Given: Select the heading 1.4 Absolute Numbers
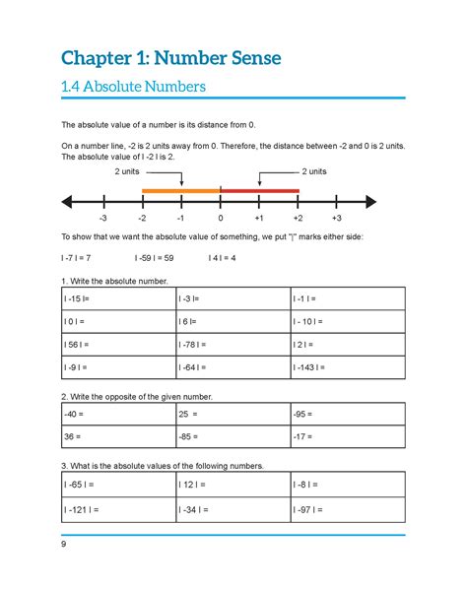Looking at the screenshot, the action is tap(133, 87).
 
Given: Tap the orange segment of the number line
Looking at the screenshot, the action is tap(181, 190).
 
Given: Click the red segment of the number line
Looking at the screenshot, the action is tap(259, 190).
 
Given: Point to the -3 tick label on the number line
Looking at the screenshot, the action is tap(103, 218).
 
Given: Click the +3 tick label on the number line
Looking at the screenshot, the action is tap(336, 218).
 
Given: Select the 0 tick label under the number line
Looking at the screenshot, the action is tap(220, 218).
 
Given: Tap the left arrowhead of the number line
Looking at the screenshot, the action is tap(67, 202).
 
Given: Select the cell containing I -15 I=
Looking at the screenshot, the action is tap(117, 298).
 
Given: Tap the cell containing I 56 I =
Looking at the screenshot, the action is tap(117, 345).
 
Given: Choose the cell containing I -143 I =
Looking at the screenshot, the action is tap(348, 368).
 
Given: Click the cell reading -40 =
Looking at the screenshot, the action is tap(117, 415).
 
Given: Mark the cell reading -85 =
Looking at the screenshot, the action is tap(233, 437).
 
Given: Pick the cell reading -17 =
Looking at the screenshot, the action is tap(348, 437).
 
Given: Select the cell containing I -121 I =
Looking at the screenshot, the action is tap(117, 509).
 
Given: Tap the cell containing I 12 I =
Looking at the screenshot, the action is tap(233, 485).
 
